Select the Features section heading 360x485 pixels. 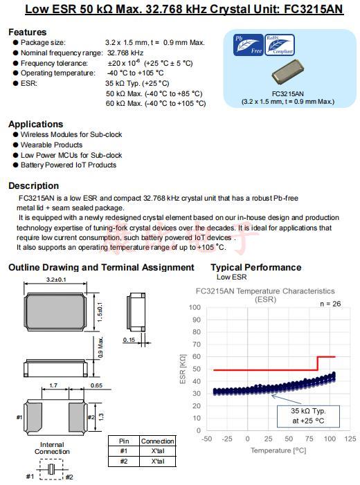tap(28, 32)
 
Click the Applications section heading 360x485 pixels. tap(35, 124)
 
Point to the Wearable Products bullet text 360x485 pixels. tap(51, 145)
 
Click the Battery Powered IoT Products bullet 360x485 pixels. tap(68, 165)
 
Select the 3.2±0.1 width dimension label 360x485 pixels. tap(55, 280)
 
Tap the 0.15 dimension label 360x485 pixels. tap(129, 339)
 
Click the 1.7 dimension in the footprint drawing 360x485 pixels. tap(54, 385)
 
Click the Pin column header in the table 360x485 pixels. tap(123, 441)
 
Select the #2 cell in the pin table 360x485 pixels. tap(123, 460)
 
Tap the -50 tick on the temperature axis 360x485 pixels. tap(206, 439)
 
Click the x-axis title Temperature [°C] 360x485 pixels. tap(278, 450)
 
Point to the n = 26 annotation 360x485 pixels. tap(331, 304)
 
